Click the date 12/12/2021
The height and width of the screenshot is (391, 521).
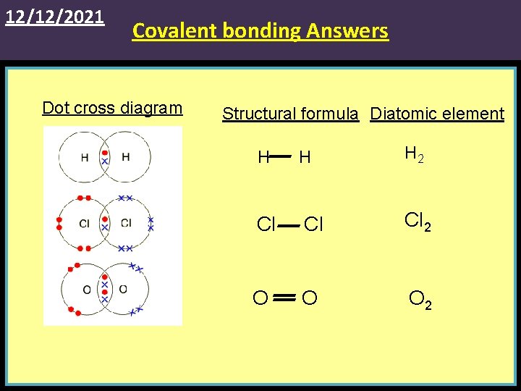[x=55, y=16]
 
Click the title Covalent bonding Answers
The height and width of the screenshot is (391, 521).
[x=260, y=31]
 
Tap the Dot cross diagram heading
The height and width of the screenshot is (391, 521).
[x=112, y=108]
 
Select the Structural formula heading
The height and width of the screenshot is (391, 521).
[x=290, y=114]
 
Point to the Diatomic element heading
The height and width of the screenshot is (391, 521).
[x=437, y=114]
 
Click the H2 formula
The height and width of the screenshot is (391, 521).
[x=415, y=154]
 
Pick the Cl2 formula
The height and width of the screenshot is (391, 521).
[x=418, y=222]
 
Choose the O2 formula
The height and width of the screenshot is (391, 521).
[x=420, y=299]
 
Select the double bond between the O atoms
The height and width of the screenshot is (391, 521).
[x=284, y=298]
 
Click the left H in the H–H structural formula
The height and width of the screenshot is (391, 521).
[x=264, y=157]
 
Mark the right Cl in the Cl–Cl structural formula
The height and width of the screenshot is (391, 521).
[x=313, y=225]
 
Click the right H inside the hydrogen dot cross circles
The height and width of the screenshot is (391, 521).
[x=126, y=157]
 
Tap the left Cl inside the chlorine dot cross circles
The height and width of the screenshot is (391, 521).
[x=84, y=223]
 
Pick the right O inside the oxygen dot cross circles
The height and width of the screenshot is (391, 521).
[x=122, y=290]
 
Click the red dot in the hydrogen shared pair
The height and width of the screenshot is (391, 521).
[x=105, y=154]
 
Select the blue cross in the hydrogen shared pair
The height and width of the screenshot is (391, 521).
[x=105, y=161]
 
